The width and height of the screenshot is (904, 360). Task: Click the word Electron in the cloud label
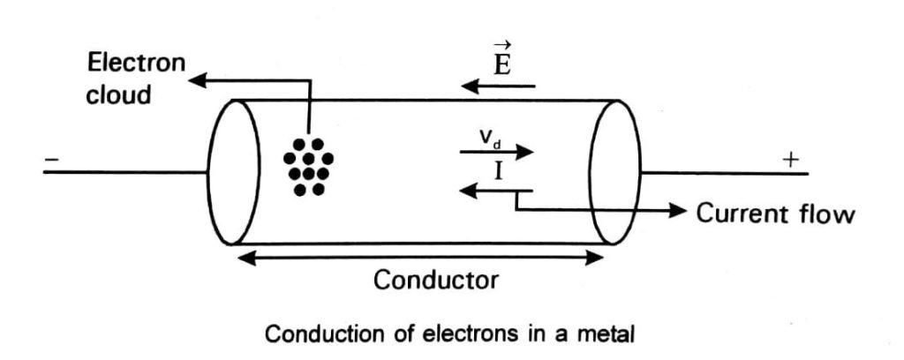[136, 63]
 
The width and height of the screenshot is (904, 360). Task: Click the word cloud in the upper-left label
[118, 94]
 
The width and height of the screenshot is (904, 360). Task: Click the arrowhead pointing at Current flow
[678, 211]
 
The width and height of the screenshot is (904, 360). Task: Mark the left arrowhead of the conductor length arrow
[237, 257]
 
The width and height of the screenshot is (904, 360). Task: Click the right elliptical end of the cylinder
[615, 171]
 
